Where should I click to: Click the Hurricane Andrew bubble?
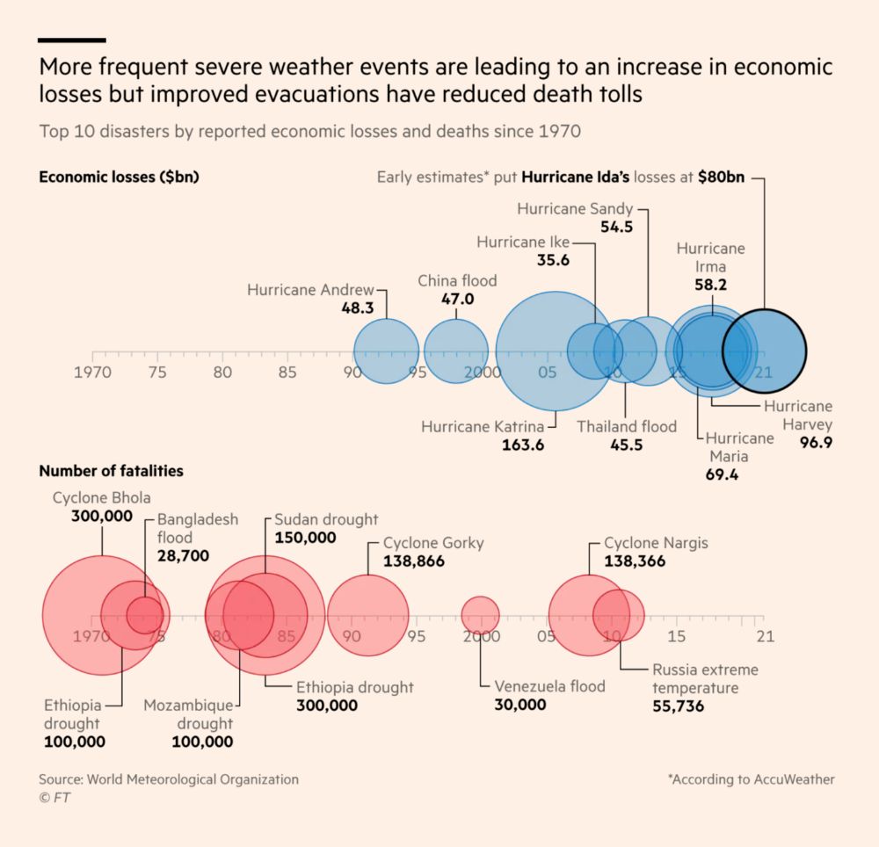(386, 351)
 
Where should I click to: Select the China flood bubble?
(456, 351)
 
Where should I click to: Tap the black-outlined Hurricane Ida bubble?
(764, 351)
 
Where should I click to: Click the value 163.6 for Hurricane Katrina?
(523, 445)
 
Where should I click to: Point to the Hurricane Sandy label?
(575, 209)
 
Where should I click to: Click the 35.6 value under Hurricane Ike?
(553, 260)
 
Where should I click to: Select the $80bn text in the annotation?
(722, 177)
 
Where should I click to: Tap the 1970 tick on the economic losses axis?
(92, 373)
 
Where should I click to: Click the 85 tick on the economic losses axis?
(287, 373)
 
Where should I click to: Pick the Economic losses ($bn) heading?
(119, 177)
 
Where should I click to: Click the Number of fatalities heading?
(111, 471)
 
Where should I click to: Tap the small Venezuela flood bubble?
(480, 613)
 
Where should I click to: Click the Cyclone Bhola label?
(101, 498)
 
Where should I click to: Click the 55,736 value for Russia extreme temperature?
(678, 706)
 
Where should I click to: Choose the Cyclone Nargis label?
(656, 543)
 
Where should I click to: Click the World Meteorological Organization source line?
(169, 779)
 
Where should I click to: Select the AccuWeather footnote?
(751, 779)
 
